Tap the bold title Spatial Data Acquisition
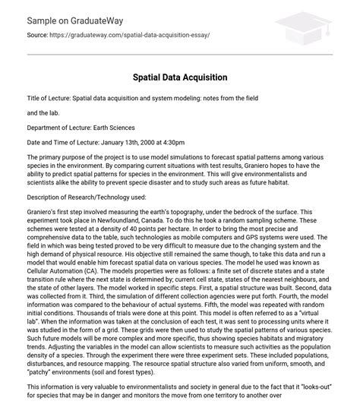[179, 77]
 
